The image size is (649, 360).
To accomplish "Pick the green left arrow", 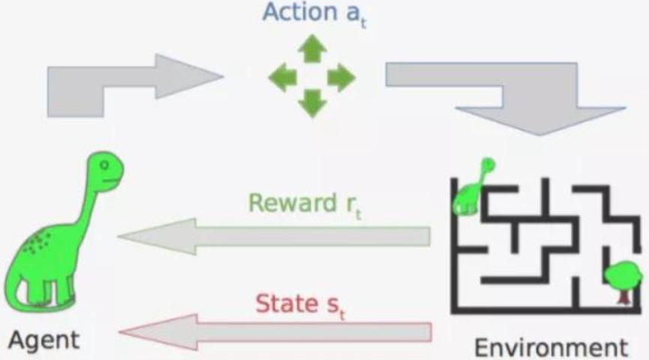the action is click(282, 76).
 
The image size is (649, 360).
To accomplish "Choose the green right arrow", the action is click(340, 76).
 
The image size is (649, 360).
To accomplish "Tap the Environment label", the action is click(551, 348).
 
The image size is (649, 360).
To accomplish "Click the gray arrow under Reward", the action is click(278, 237).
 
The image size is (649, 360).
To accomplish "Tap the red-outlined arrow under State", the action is click(278, 332).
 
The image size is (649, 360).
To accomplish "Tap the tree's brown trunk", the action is click(622, 297).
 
